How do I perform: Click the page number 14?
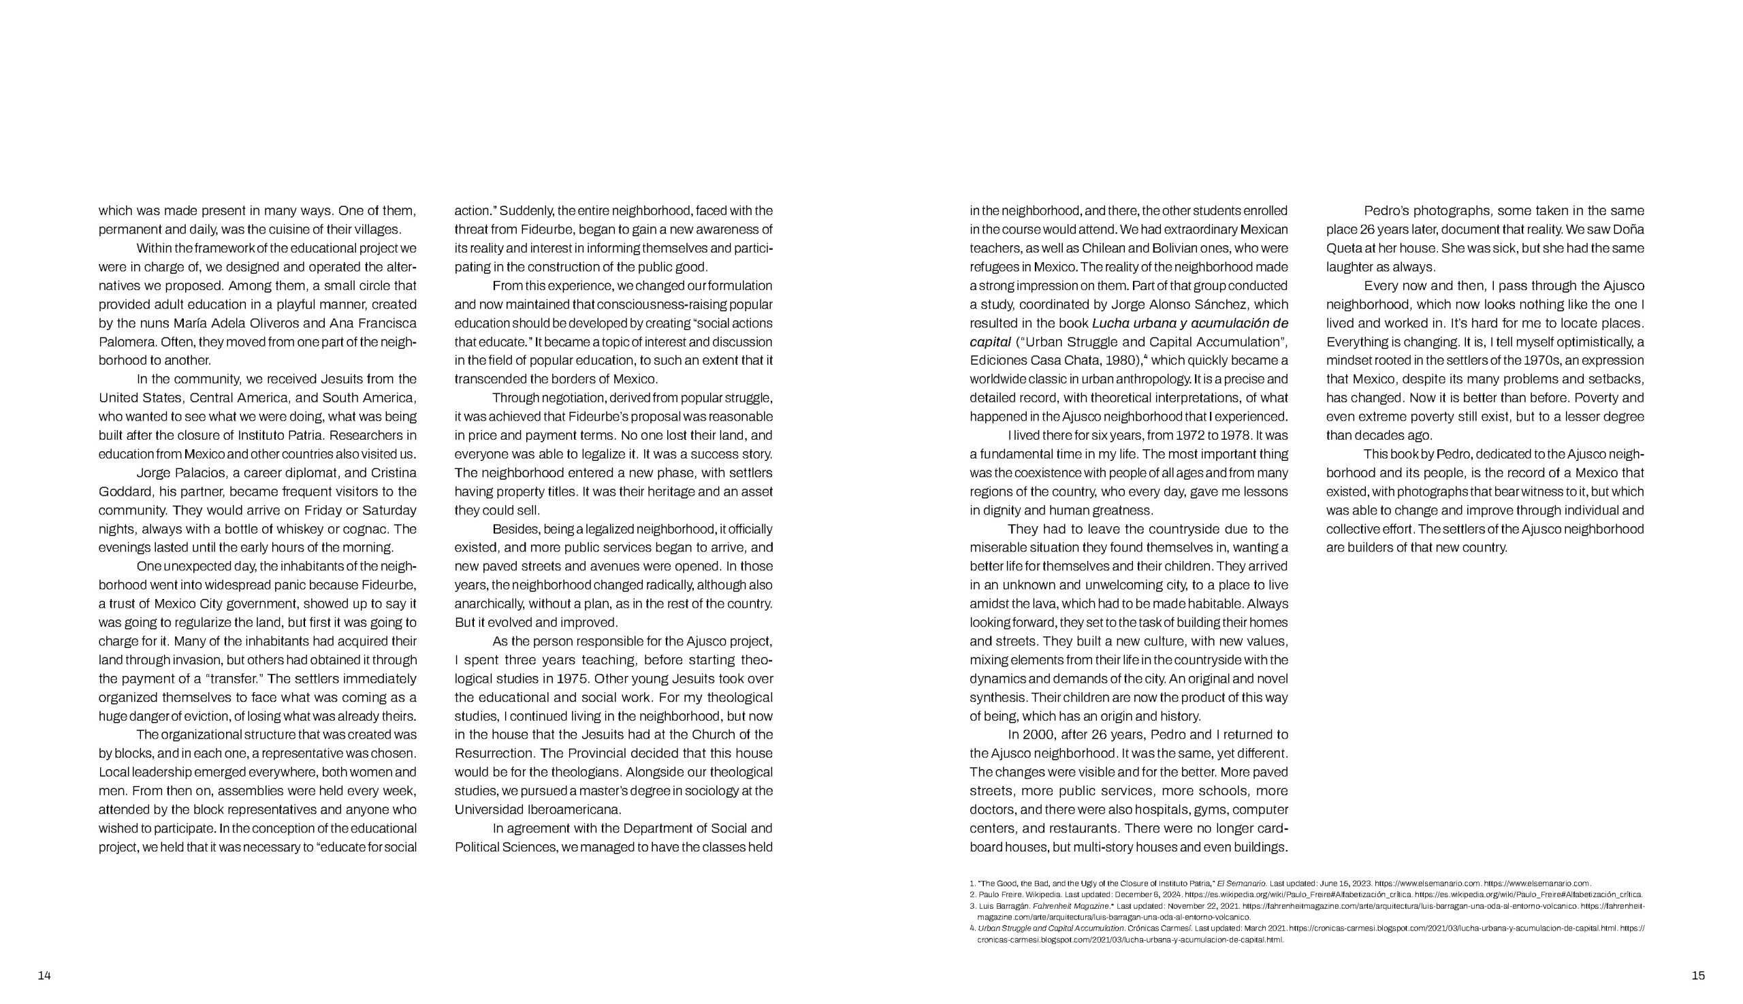point(44,975)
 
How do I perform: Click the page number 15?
point(1698,975)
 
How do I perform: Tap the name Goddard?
point(126,491)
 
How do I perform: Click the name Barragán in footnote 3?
point(1013,906)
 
